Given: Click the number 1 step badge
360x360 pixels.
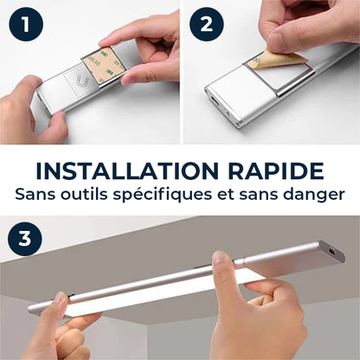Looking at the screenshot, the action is click(x=26, y=24).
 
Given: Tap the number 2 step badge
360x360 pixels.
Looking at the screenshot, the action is click(x=207, y=24).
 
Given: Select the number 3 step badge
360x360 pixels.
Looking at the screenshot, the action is click(x=25, y=239).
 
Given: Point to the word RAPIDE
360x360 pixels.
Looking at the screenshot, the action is click(x=276, y=171).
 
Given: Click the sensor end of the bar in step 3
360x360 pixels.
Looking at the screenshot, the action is click(x=331, y=252).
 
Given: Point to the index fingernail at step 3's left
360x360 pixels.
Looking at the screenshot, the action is click(x=61, y=298).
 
